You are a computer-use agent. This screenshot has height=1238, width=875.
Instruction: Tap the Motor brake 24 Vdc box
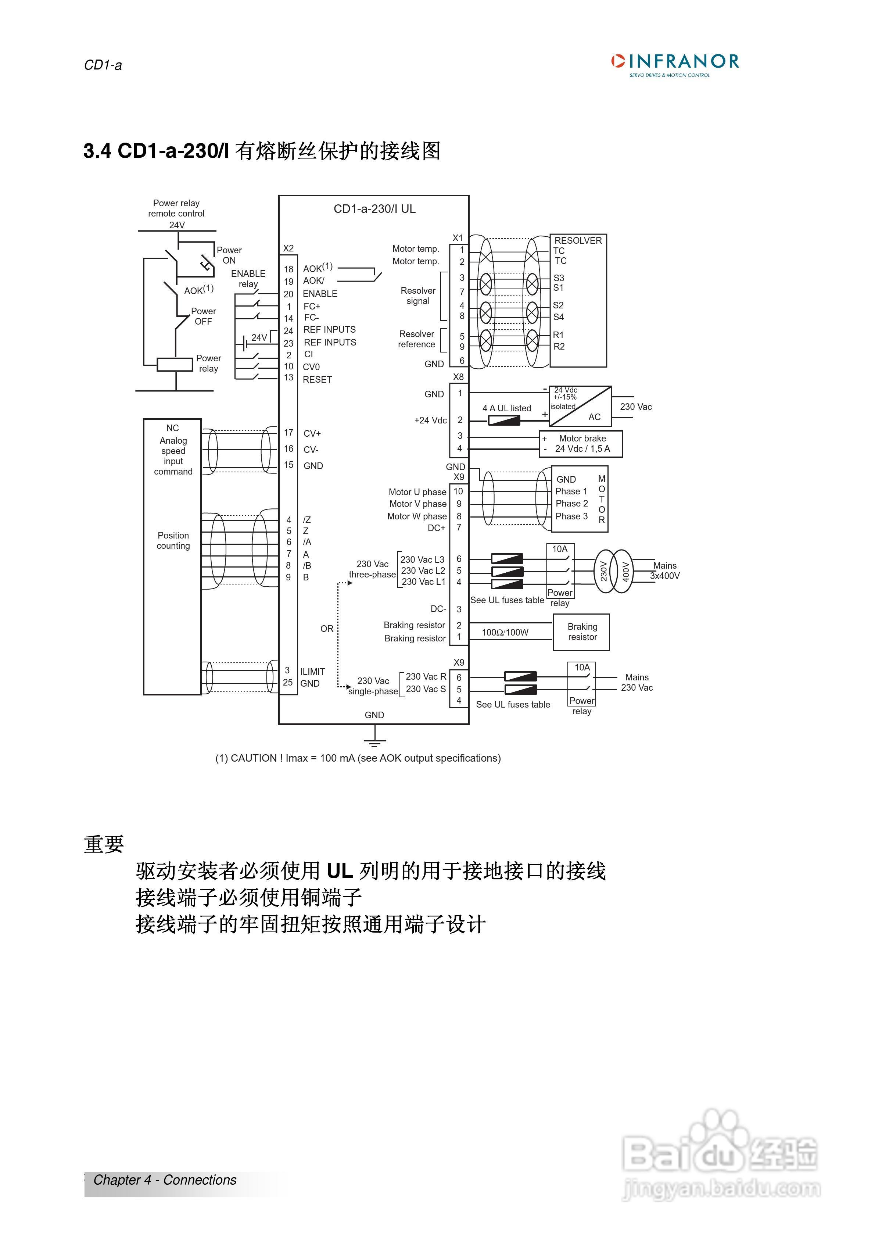[x=581, y=444]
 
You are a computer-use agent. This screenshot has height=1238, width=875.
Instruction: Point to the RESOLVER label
[x=578, y=240]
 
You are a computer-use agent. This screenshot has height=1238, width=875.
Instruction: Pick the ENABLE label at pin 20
[x=320, y=294]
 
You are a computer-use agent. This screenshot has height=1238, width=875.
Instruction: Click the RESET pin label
[x=317, y=380]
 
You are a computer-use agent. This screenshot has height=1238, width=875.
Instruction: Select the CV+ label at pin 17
[x=312, y=433]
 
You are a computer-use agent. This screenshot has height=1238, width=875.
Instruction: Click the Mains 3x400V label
[x=665, y=570]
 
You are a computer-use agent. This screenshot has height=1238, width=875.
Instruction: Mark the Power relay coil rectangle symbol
[x=175, y=365]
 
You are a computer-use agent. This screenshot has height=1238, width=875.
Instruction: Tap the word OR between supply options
[x=327, y=629]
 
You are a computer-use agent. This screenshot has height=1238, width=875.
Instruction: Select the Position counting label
[x=173, y=540]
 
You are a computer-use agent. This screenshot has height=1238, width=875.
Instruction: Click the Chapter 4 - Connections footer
[x=165, y=1180]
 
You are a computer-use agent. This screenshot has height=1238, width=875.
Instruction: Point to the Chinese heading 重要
[x=104, y=844]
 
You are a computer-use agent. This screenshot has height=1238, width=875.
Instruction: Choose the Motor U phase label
[x=417, y=492]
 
